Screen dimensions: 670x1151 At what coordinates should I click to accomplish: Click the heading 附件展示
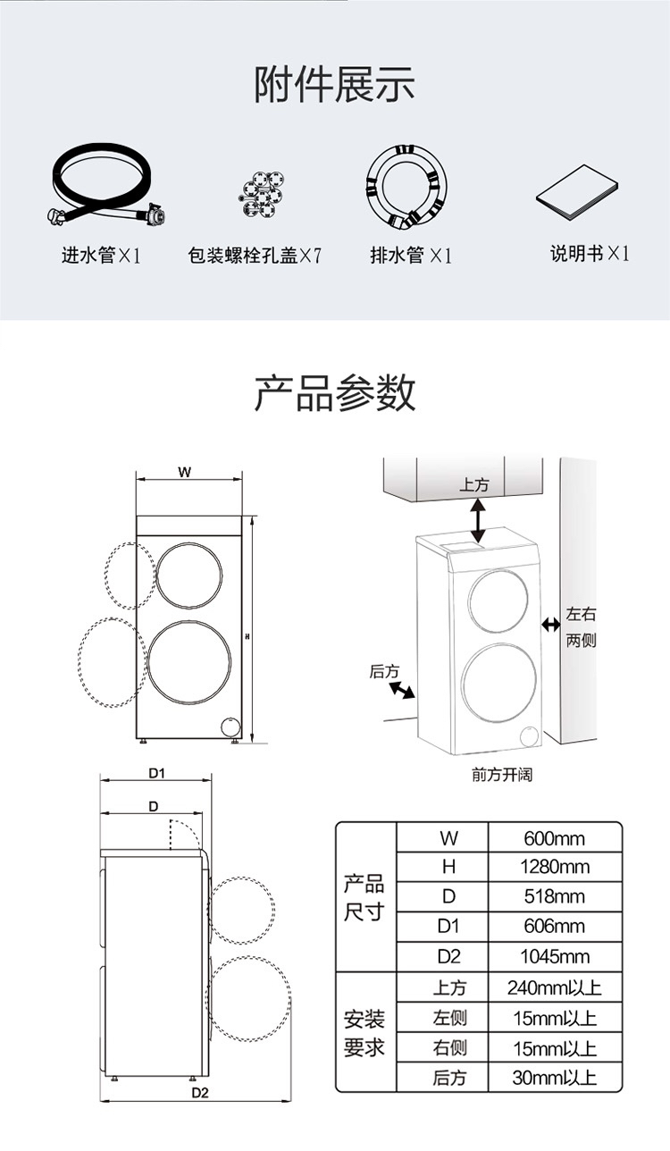(334, 84)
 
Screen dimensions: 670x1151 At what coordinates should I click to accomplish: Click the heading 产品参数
(334, 392)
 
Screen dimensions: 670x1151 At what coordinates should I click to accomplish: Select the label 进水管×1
(101, 255)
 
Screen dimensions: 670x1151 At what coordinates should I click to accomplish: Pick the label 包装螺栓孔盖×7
(255, 255)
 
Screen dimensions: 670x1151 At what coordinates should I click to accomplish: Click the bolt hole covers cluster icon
(262, 194)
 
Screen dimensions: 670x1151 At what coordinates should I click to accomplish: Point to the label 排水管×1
(411, 255)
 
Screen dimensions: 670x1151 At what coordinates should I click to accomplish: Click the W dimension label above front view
(184, 472)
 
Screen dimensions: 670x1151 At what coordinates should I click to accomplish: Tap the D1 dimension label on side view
(156, 773)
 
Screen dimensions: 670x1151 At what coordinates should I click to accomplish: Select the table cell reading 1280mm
(555, 867)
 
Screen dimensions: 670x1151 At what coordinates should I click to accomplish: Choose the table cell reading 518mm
(555, 896)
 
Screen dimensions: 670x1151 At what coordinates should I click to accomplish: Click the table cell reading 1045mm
(555, 957)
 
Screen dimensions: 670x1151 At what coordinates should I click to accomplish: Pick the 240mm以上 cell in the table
(555, 987)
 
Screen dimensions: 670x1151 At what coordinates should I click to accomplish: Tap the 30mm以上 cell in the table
(555, 1078)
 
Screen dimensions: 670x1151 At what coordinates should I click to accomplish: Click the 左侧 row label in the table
(449, 1018)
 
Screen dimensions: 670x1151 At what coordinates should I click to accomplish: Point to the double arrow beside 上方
(479, 522)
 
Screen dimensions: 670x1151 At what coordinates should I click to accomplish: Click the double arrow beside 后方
(402, 690)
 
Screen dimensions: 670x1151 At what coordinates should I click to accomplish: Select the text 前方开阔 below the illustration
(502, 775)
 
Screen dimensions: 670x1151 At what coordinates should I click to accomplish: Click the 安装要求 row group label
(364, 1033)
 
